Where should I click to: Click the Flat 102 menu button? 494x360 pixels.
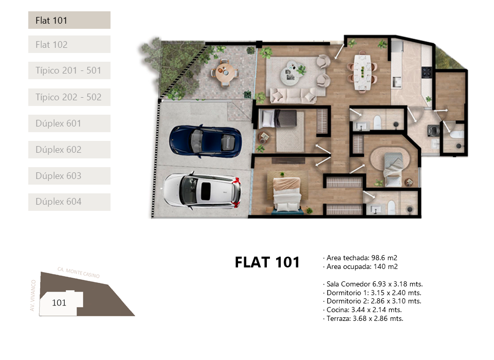pyautogui.click(x=69, y=44)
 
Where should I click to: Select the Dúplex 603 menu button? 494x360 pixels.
pyautogui.click(x=69, y=175)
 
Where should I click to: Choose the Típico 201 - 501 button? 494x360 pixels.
pyautogui.click(x=69, y=70)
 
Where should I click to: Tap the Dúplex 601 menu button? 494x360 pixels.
pyautogui.click(x=69, y=123)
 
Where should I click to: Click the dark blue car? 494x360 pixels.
pyautogui.click(x=206, y=141)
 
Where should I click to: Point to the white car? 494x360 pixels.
pyautogui.click(x=202, y=190)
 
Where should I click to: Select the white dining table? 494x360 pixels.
pyautogui.click(x=362, y=72)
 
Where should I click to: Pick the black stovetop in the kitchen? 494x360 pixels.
pyautogui.click(x=427, y=72)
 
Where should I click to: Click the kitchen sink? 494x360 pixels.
pyautogui.click(x=396, y=82)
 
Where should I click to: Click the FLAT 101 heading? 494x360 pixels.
pyautogui.click(x=267, y=262)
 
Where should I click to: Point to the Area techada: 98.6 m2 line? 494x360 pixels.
pyautogui.click(x=360, y=258)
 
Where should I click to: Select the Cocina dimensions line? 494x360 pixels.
pyautogui.click(x=362, y=310)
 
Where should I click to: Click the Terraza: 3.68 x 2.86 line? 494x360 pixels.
pyautogui.click(x=363, y=318)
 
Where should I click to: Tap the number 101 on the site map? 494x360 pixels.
pyautogui.click(x=59, y=302)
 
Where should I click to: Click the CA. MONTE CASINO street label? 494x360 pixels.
pyautogui.click(x=79, y=273)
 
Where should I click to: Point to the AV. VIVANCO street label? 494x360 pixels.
pyautogui.click(x=33, y=295)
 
